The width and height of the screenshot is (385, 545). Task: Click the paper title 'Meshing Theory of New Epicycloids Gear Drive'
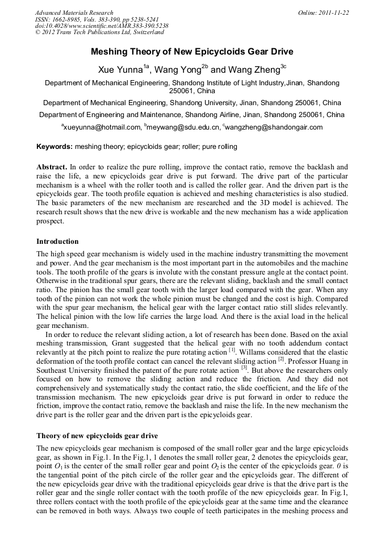click(x=192, y=52)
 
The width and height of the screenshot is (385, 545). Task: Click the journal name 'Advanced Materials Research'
click(x=74, y=13)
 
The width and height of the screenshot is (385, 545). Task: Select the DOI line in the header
click(x=102, y=26)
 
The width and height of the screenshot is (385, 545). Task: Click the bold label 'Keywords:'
click(x=55, y=147)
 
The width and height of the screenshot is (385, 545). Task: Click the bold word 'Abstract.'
click(x=52, y=168)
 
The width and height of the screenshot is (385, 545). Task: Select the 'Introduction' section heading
click(x=57, y=242)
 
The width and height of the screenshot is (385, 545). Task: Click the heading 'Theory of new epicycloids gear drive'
click(x=97, y=436)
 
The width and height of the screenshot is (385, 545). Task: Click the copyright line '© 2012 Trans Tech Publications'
click(x=99, y=33)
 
